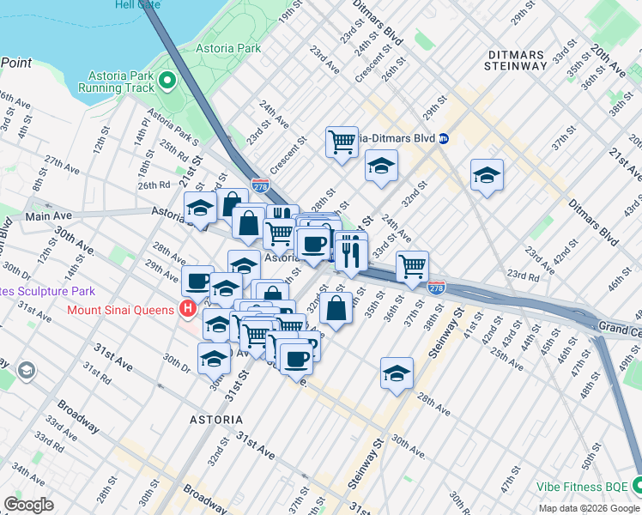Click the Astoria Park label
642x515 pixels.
coord(228,49)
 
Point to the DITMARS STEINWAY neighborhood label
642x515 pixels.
coord(514,60)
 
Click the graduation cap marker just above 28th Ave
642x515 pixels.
coord(396,373)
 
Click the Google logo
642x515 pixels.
coord(28,504)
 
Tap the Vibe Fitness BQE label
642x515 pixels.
coord(584,486)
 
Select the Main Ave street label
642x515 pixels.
coord(46,217)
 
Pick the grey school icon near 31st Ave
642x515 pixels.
coord(26,370)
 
